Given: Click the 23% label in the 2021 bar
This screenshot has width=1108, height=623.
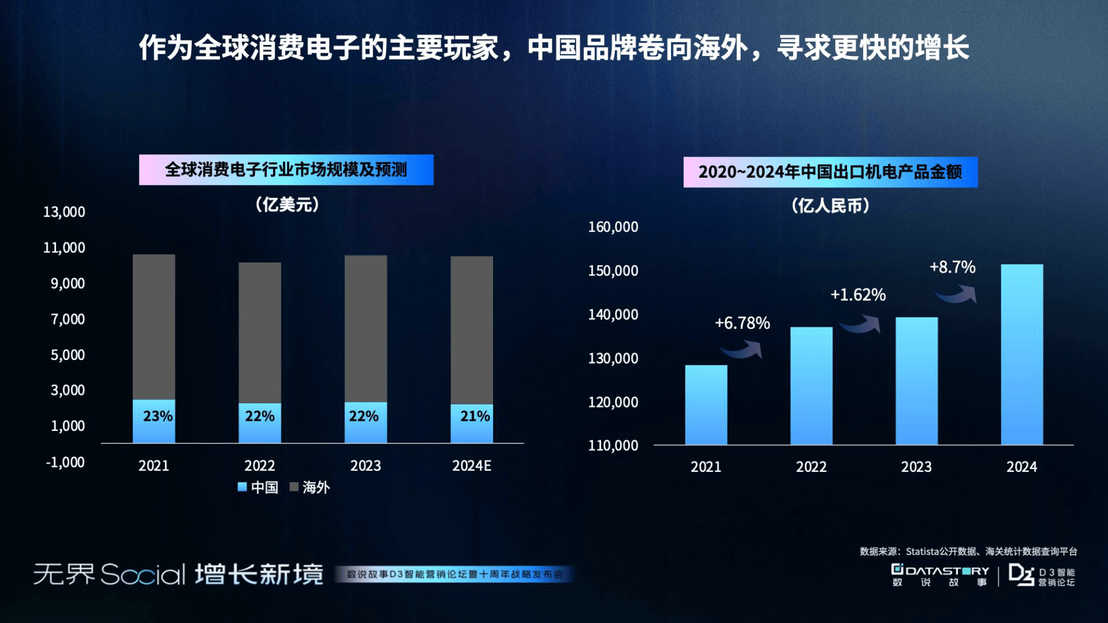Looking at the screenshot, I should click(157, 416).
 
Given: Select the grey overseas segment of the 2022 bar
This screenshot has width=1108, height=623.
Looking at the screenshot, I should click(260, 332).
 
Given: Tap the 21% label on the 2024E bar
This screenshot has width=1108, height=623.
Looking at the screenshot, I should click(475, 416).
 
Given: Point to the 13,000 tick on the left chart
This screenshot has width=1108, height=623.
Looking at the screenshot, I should click(64, 212).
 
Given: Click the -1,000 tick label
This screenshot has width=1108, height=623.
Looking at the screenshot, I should click(65, 462).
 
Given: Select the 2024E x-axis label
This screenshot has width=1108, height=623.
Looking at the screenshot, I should click(471, 466).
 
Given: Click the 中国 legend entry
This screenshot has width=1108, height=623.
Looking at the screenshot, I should click(258, 487).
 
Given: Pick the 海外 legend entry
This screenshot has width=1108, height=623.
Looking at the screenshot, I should click(310, 487).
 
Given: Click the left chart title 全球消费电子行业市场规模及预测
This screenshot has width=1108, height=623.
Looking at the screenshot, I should click(286, 169).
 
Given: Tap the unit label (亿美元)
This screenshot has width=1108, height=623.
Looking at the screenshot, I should click(287, 205).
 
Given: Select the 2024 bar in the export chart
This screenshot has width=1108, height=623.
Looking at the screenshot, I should click(1022, 354).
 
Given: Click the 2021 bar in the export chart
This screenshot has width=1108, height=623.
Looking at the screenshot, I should click(706, 404).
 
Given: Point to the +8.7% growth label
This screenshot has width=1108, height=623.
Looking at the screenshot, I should click(952, 267).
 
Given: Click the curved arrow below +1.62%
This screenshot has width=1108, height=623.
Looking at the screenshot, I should click(859, 325).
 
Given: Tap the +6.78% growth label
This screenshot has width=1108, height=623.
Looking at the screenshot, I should click(742, 323).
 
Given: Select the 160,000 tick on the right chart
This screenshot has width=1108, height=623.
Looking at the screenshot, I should click(613, 227).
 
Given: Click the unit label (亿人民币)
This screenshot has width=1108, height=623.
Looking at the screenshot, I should click(830, 206).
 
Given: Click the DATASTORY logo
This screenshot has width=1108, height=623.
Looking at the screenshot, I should click(940, 575).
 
